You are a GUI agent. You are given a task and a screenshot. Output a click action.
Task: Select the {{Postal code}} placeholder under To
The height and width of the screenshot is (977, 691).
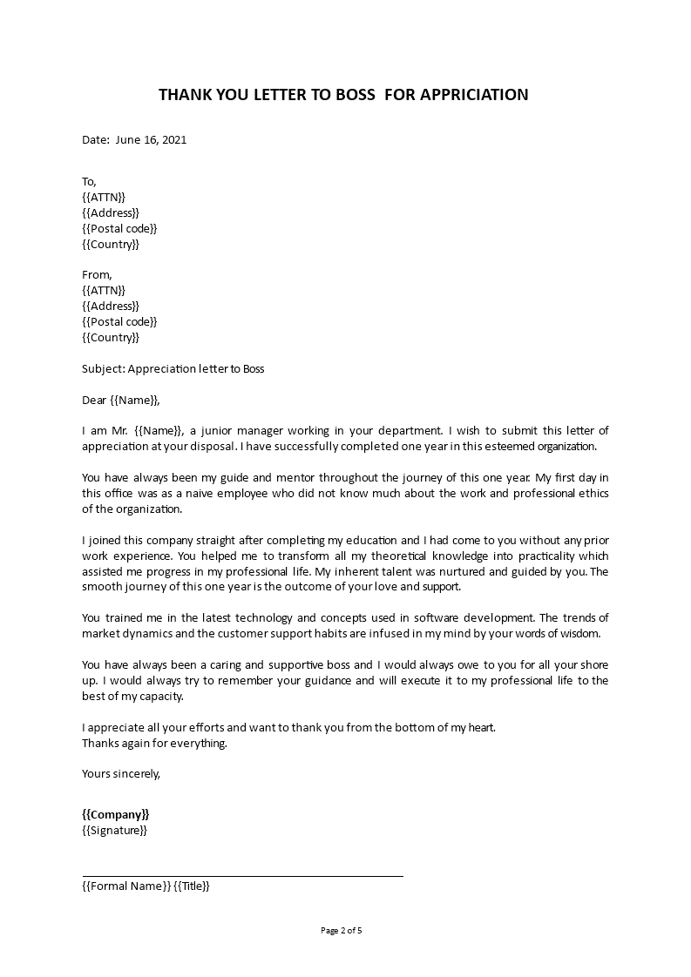[x=119, y=229]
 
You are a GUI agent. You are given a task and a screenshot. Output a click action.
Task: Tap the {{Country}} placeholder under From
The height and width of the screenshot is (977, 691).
[x=110, y=337]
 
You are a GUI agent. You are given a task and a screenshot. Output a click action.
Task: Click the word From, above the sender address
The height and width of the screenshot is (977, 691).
[x=97, y=275]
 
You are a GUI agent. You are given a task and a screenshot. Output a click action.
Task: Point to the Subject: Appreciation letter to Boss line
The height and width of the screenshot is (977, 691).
[x=173, y=368]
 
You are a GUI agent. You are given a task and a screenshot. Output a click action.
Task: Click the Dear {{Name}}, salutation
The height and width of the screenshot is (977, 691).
[x=121, y=400]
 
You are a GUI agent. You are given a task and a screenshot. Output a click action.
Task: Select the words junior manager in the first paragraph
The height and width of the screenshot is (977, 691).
[x=242, y=430]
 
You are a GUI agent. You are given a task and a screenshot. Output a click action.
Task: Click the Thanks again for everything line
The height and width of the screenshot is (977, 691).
[x=153, y=743]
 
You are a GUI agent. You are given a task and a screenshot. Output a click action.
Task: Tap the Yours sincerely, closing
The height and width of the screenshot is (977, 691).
[x=121, y=773]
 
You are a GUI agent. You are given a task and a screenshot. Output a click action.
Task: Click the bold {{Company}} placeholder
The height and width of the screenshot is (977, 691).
[x=115, y=814]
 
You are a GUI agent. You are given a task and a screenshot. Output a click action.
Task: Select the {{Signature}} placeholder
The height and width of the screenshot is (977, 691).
[x=114, y=831]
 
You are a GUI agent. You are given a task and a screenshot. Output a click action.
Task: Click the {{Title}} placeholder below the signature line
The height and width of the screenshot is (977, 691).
[x=192, y=886]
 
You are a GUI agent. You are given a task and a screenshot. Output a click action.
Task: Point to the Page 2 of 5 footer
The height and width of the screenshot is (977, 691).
[x=342, y=930]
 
